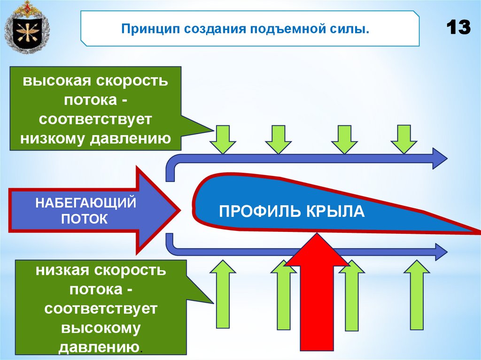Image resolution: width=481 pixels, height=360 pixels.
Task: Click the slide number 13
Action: (458, 29)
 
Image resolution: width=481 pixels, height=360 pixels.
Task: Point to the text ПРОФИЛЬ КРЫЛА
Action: (292, 211)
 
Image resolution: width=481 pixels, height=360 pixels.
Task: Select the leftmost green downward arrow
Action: (223, 139)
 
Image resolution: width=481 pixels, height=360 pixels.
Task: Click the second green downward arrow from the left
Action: (278, 139)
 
